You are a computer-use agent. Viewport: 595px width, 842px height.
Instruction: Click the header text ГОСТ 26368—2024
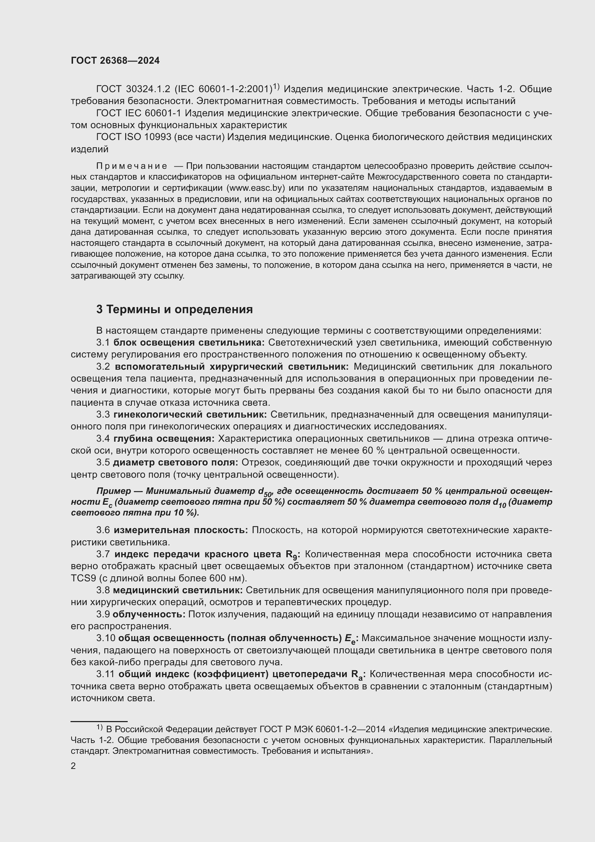click(x=115, y=60)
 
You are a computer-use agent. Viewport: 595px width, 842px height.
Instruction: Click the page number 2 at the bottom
click(x=73, y=766)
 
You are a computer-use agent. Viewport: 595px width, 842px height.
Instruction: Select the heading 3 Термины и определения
click(x=174, y=310)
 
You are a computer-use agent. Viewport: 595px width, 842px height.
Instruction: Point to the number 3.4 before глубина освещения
click(x=103, y=438)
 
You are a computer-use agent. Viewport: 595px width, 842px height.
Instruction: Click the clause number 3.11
click(x=105, y=674)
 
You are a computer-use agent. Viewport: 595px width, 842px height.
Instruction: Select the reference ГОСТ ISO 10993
click(x=133, y=137)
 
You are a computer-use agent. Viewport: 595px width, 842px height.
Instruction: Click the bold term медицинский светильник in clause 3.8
click(x=178, y=590)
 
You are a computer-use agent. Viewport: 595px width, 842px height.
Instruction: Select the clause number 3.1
click(x=103, y=342)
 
